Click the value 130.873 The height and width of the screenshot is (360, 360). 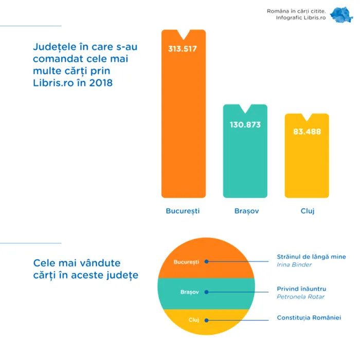[x=245, y=124]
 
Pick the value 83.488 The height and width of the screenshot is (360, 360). [x=307, y=132]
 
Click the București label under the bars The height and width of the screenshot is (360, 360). [x=183, y=211]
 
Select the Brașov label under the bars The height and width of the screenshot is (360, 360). [x=245, y=211]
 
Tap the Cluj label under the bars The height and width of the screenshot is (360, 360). [x=308, y=211]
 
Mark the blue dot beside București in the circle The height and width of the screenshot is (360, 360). [x=206, y=261]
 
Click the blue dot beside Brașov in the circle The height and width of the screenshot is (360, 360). [x=206, y=292]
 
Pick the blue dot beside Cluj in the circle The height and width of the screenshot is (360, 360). [x=206, y=320]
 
